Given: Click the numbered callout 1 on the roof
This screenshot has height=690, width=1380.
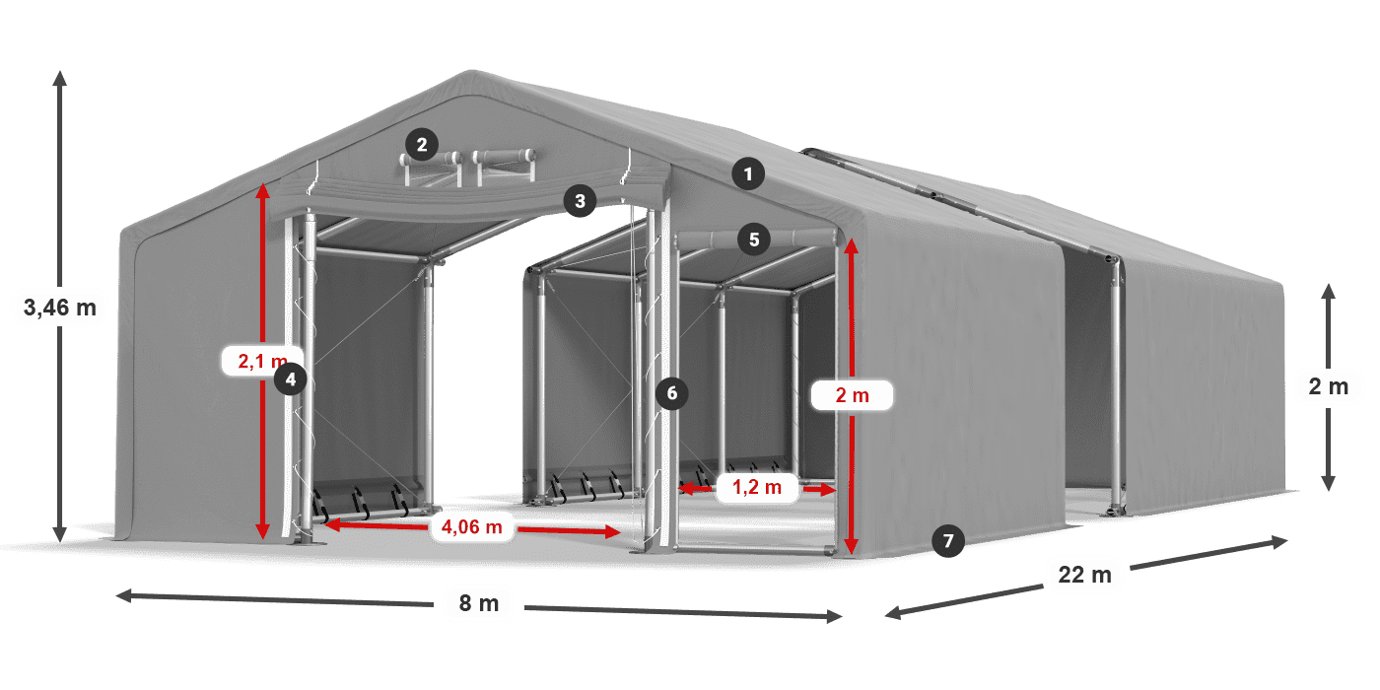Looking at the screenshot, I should [748, 175].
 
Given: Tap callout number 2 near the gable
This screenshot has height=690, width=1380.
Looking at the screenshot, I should [421, 146].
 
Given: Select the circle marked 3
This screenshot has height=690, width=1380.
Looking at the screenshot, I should [580, 202].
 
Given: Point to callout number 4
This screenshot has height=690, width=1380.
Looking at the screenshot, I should [290, 378].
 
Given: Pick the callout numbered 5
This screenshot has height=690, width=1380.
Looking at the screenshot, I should [753, 239].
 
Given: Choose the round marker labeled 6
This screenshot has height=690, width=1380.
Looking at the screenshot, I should [671, 393].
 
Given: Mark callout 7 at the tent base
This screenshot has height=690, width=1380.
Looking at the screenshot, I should [947, 540].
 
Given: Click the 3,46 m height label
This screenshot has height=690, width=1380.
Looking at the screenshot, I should [59, 308].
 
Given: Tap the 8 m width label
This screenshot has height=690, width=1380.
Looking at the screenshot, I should [479, 602].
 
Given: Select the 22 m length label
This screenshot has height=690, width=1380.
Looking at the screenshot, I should [1084, 574].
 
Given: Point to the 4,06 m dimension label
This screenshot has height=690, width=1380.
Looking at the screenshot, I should [472, 527].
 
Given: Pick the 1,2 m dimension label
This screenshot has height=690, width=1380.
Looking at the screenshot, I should [758, 487].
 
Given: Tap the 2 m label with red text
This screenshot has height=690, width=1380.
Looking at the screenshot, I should [852, 395].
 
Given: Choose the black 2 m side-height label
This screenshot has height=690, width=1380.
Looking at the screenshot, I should [1328, 387].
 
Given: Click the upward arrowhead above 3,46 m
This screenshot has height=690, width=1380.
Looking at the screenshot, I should [59, 77].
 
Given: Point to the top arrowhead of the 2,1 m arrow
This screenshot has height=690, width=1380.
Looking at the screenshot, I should [262, 190].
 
